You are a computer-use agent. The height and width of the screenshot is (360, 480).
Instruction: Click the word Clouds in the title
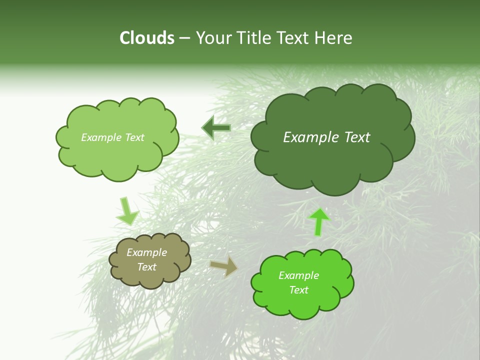tap(147, 38)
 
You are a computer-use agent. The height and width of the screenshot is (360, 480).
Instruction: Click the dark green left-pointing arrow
tap(216, 128)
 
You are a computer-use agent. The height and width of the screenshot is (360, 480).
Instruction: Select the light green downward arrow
tap(127, 211)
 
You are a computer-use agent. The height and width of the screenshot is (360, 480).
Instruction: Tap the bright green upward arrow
tap(319, 221)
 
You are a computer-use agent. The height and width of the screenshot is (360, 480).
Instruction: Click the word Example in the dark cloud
tap(311, 137)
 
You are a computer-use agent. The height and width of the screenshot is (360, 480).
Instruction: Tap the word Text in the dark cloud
tap(357, 137)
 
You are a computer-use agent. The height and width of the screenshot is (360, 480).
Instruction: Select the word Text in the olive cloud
tap(147, 267)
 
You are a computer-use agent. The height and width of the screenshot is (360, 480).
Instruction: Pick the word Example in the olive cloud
tap(147, 252)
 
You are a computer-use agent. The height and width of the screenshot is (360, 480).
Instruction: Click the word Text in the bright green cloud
tap(299, 290)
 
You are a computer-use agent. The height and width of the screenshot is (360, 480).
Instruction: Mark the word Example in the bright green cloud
tap(299, 275)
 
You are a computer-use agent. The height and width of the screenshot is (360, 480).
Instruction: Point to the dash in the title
tap(184, 38)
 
